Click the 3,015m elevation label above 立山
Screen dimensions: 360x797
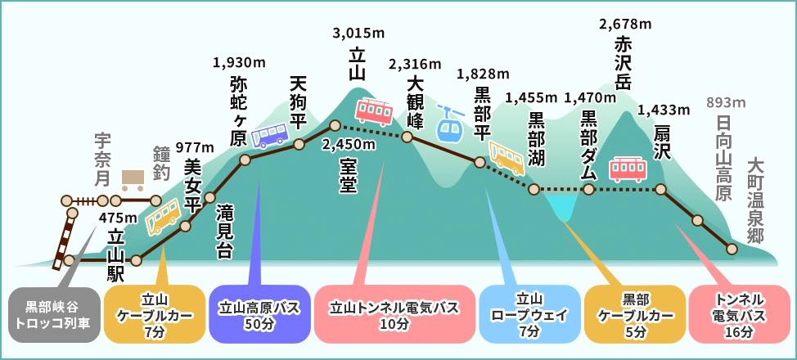coord(357,34)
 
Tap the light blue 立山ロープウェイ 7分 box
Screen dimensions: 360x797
coord(529,313)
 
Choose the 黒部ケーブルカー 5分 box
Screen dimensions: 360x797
coord(635,313)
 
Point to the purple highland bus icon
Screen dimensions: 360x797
coord(269,133)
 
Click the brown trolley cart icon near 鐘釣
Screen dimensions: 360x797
coord(133,178)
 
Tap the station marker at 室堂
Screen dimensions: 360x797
coord(334,126)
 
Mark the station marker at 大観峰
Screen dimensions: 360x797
coord(405,137)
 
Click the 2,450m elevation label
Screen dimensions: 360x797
coord(349,145)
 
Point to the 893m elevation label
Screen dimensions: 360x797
coord(727,102)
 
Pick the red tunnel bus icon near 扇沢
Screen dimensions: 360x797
coord(629,169)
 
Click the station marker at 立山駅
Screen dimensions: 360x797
coord(136,260)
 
